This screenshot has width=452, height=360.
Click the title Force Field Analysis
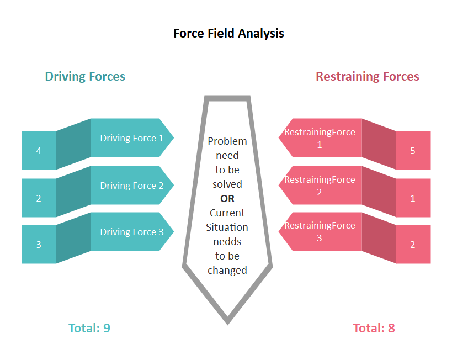click(228, 33)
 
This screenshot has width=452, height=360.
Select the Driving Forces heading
click(85, 76)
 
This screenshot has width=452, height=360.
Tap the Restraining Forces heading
click(367, 76)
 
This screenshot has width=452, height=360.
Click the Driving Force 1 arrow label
click(131, 138)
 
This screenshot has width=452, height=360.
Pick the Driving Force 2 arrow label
click(131, 186)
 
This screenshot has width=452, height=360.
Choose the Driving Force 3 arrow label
click(131, 232)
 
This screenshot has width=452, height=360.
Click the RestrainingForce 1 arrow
click(320, 138)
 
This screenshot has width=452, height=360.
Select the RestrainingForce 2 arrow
click(320, 186)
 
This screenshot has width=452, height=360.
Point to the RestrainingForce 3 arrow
click(320, 232)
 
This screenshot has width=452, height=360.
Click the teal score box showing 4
click(39, 150)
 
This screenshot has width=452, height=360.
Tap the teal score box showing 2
click(39, 198)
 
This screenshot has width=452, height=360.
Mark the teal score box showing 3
click(39, 244)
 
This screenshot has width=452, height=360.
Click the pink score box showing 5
click(413, 150)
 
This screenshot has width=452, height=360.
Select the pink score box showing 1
click(413, 198)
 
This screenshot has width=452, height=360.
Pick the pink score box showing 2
click(413, 244)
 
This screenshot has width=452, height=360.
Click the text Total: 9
click(89, 328)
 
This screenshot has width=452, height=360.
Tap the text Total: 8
click(374, 328)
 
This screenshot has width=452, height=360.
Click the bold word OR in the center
click(227, 199)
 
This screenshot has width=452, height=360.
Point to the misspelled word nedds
click(227, 242)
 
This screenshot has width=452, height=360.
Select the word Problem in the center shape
click(227, 141)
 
